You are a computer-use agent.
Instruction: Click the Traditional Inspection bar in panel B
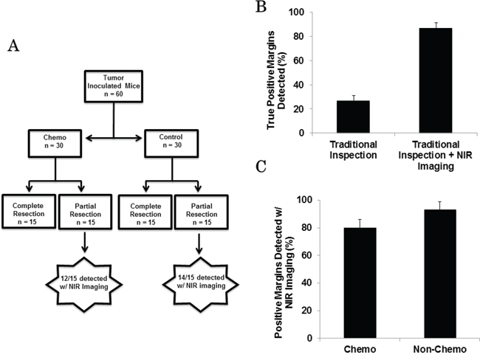[353, 117]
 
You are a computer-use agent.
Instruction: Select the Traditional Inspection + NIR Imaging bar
[436, 80]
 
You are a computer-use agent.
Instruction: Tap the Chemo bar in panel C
[360, 283]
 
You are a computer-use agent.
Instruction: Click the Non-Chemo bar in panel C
[440, 274]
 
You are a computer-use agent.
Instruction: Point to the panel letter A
[13, 46]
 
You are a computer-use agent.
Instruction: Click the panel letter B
[261, 7]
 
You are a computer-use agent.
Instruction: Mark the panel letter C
[261, 166]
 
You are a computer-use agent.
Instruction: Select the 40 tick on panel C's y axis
[306, 283]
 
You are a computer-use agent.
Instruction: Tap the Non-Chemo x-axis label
[440, 349]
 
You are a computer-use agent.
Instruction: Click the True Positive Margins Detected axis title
[276, 80]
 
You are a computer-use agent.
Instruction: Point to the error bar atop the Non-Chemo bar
[440, 206]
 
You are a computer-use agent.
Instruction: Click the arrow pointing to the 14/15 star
[199, 243]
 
